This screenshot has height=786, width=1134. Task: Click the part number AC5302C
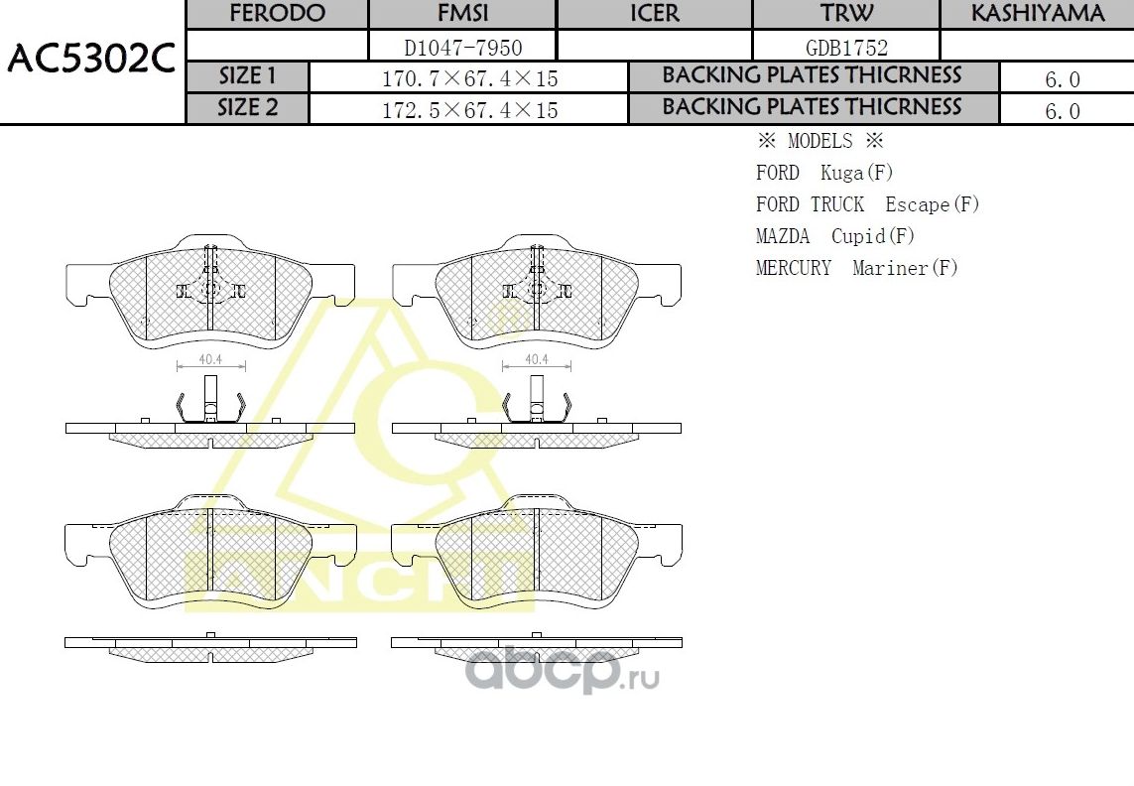coord(91,62)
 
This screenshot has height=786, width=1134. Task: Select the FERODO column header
coord(277,14)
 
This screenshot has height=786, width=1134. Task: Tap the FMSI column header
coord(463,14)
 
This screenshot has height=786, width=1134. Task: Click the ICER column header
coord(655,14)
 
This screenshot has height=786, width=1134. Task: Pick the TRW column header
coord(846,14)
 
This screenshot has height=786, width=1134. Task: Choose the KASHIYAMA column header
coord(1037,14)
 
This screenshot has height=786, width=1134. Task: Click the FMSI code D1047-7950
coord(463,47)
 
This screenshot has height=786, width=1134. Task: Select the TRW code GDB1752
coord(846,47)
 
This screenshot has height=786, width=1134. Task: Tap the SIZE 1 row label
coord(248,77)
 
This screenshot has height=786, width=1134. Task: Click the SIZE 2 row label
coord(248,108)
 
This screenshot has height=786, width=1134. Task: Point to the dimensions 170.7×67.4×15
coord(469,79)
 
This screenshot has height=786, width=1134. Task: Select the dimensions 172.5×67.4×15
coord(469,110)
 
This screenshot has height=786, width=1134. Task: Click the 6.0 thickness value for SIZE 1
coord(1063,80)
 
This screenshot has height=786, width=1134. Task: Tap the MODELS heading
coord(819,141)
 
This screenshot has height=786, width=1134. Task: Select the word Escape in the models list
coord(918,204)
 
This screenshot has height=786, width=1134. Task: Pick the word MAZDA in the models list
coord(783,236)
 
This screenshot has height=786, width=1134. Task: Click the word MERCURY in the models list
coord(794,268)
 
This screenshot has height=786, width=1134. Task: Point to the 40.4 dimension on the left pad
coord(209,359)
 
